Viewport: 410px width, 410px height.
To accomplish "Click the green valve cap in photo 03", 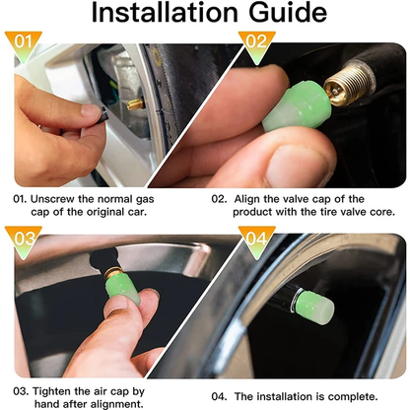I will tap(122, 285).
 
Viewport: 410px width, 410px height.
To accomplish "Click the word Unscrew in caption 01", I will tap(55, 196).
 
